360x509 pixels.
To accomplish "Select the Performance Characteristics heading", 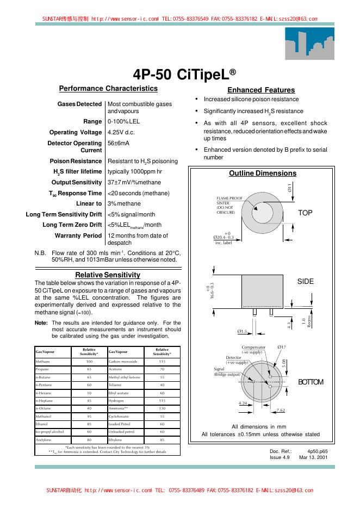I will [108, 89].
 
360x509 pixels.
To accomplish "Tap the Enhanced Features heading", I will [261, 90].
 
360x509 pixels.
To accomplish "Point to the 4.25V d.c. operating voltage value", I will [121, 132].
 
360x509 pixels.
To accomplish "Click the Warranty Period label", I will [78, 235].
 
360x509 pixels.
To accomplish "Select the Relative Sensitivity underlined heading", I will [108, 275].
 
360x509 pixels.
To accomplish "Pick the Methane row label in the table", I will [43, 361].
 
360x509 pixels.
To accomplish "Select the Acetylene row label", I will [44, 439].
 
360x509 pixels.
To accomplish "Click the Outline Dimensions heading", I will [263, 173].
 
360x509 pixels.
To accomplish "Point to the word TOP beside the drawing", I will [306, 213].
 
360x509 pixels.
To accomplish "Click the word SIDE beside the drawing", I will [306, 281].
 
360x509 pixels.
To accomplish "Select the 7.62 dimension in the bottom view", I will [281, 410].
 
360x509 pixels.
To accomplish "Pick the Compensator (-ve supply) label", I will [253, 349].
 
